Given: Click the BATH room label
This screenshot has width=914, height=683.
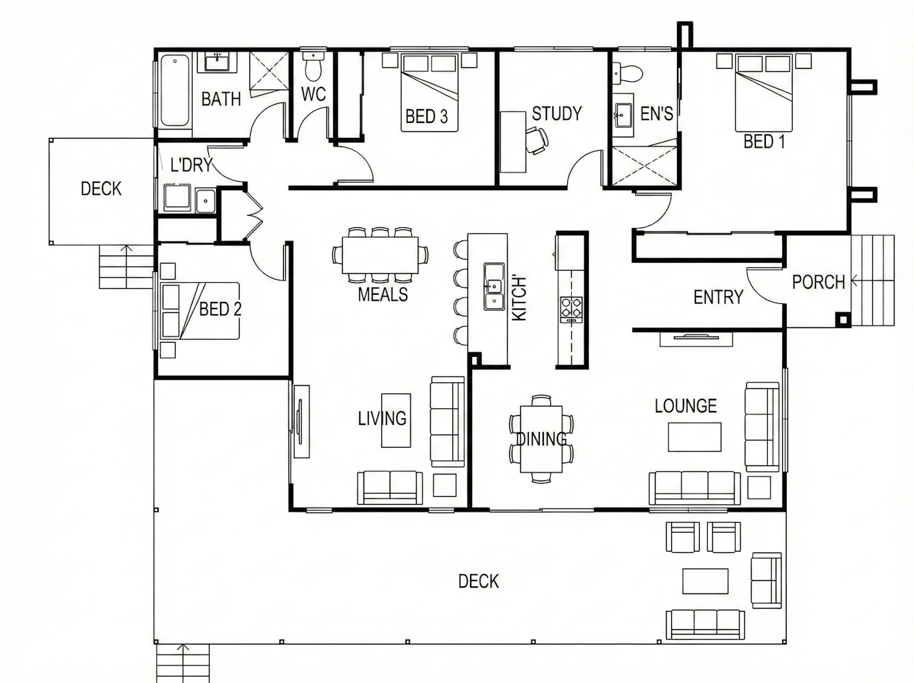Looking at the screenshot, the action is [x=221, y=99].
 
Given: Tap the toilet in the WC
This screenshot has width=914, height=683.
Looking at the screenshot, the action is [x=313, y=66].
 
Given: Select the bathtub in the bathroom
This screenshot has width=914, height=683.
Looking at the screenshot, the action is [x=175, y=90].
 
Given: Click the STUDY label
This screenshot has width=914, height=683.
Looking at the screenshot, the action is [x=557, y=113].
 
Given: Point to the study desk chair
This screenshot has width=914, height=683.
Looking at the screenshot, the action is [x=537, y=141].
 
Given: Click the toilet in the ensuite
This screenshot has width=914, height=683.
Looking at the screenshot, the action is [x=627, y=74].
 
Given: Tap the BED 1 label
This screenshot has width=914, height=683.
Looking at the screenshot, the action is [x=764, y=142].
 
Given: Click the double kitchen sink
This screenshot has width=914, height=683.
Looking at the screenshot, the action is [x=494, y=286].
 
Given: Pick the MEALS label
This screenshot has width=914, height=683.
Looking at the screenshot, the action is [x=383, y=295].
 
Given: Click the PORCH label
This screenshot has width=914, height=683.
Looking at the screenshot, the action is [x=818, y=282].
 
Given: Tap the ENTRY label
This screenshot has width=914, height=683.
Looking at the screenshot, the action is [x=718, y=297].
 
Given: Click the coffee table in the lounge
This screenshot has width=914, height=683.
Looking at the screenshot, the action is [x=695, y=437].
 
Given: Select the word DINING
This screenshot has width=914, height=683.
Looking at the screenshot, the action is [x=541, y=439].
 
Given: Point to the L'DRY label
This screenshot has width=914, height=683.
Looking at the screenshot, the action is [x=191, y=165].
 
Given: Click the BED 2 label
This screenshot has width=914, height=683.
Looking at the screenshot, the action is [x=220, y=309].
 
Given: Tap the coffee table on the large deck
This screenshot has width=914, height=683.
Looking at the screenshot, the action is [x=705, y=581].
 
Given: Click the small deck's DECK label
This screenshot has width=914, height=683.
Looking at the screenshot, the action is [x=101, y=189].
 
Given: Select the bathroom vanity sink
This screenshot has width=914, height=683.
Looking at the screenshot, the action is [x=217, y=62].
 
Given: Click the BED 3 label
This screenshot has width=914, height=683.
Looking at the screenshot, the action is [x=426, y=117].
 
